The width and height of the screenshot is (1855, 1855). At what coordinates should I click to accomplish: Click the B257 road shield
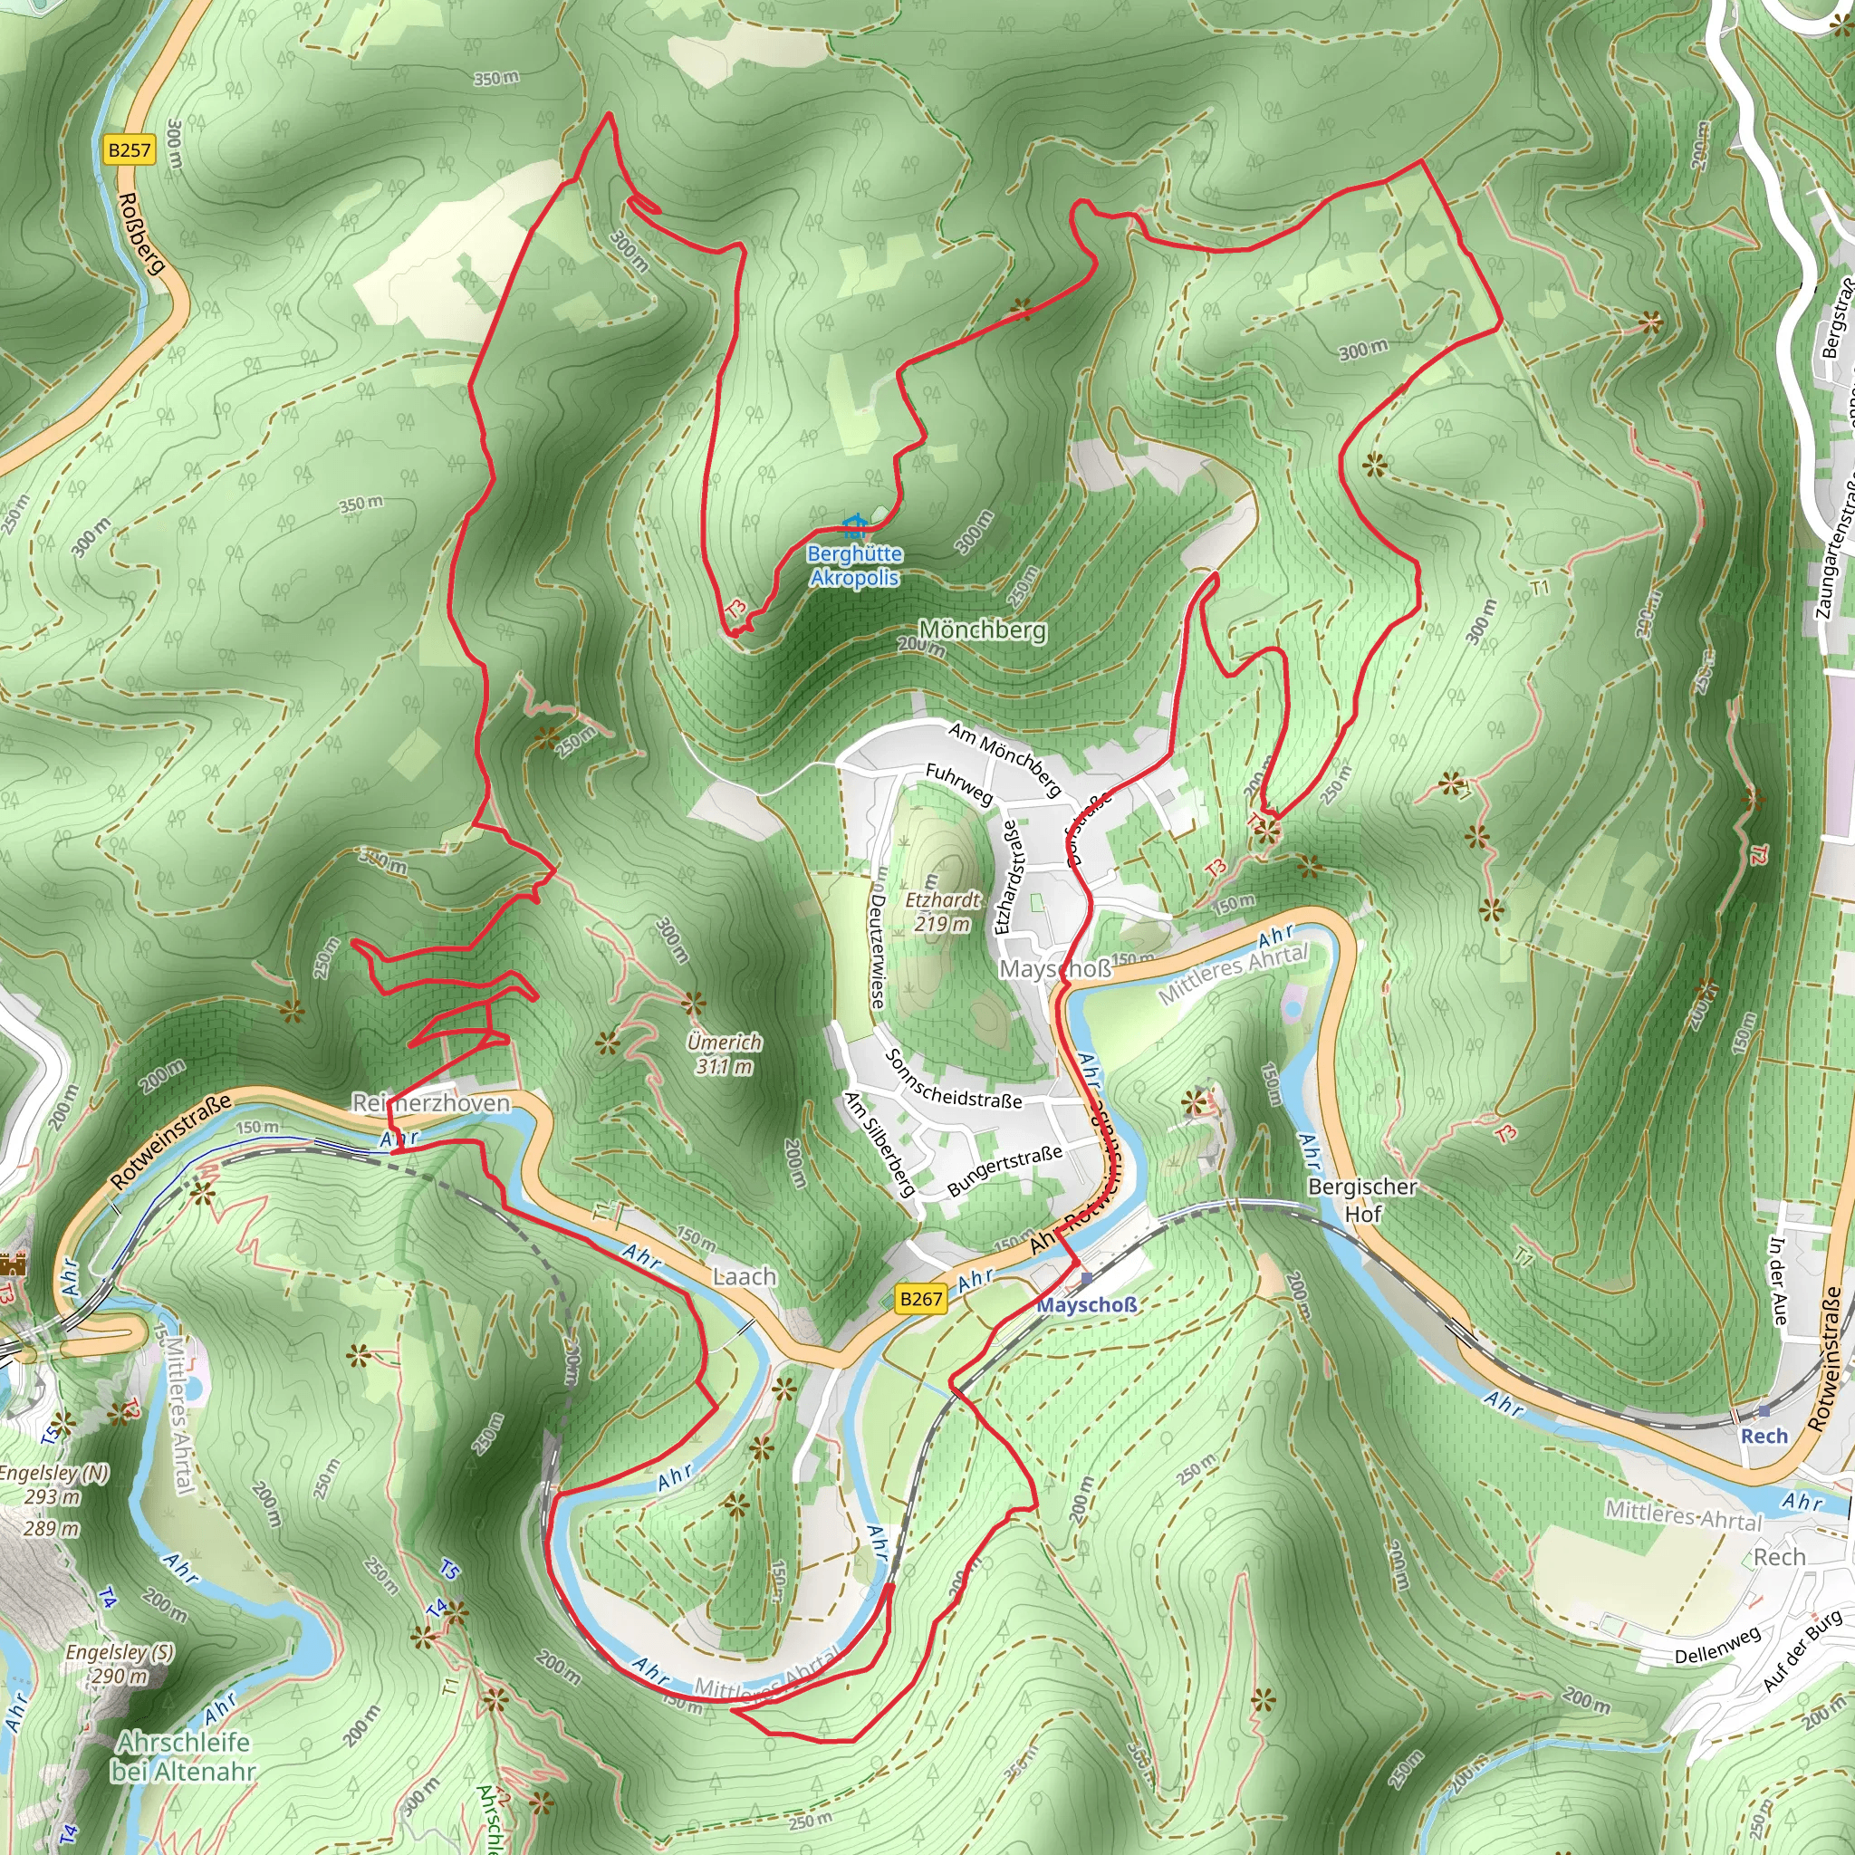pyautogui.click(x=130, y=149)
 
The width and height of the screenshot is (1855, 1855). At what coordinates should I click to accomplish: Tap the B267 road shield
pyautogui.click(x=921, y=1299)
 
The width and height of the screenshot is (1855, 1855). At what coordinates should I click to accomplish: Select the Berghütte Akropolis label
pyautogui.click(x=854, y=565)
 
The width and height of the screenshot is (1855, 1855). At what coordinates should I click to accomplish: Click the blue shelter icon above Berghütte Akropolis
pyautogui.click(x=854, y=525)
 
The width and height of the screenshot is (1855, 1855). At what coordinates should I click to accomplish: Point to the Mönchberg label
pyautogui.click(x=982, y=630)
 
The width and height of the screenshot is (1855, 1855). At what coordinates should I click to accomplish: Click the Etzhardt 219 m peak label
pyautogui.click(x=943, y=911)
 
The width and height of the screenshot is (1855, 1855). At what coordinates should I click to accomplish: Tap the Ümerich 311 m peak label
pyautogui.click(x=725, y=1053)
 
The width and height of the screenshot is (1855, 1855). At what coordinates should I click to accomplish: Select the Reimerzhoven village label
pyautogui.click(x=431, y=1103)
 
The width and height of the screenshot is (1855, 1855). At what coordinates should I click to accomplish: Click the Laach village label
pyautogui.click(x=745, y=1276)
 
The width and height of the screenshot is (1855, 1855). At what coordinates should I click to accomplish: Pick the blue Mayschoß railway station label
pyautogui.click(x=1087, y=1305)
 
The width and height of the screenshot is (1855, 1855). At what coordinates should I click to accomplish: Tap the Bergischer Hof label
pyautogui.click(x=1362, y=1200)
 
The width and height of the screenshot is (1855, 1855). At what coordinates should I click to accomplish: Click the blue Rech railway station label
pyautogui.click(x=1764, y=1436)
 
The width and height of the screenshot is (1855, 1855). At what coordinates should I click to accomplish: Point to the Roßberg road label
pyautogui.click(x=142, y=233)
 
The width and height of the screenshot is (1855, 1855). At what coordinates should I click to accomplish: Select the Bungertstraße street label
pyautogui.click(x=1004, y=1170)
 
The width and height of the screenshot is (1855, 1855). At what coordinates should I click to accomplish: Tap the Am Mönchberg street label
pyautogui.click(x=1005, y=758)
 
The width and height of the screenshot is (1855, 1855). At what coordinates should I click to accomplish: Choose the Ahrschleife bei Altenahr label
pyautogui.click(x=183, y=1756)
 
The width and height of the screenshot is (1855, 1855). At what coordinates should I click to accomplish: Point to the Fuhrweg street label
pyautogui.click(x=959, y=783)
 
